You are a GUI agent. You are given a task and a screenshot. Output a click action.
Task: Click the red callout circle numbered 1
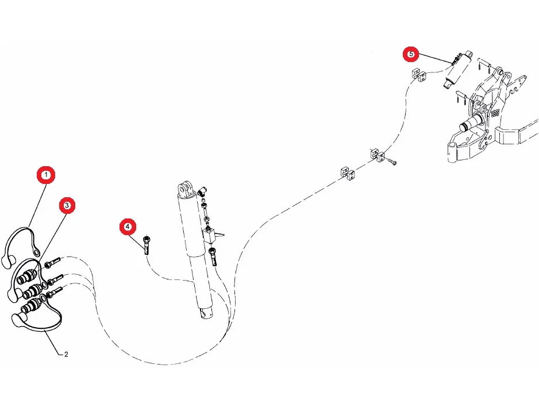46,174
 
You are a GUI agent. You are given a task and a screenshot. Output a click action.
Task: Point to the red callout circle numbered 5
411,54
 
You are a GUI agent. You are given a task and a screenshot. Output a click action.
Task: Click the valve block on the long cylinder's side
213,234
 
